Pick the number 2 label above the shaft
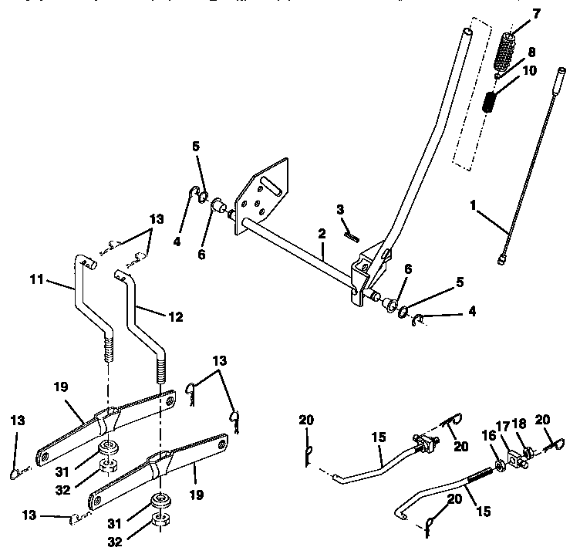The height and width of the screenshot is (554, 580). (x=322, y=232)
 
